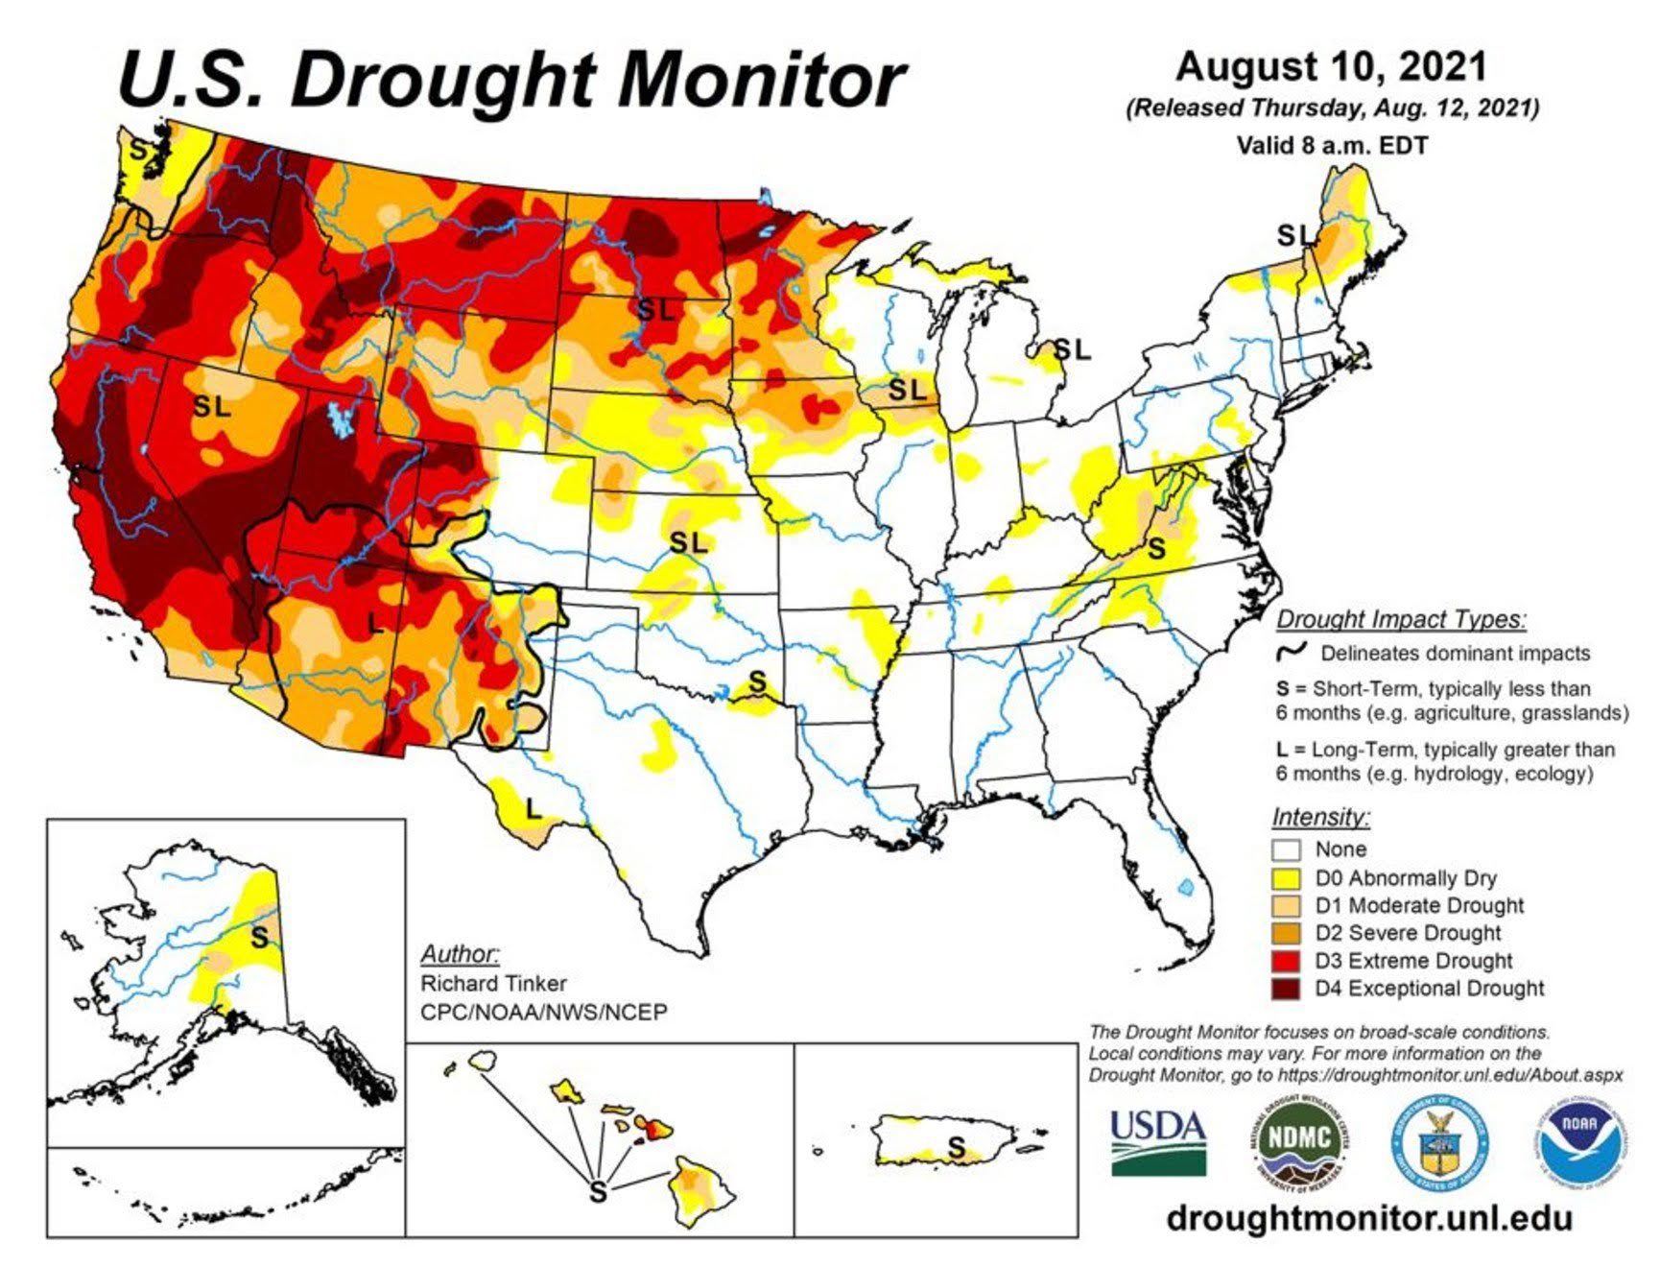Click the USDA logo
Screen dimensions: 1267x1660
[x=1157, y=1142]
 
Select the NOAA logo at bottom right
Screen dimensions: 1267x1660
[x=1577, y=1142]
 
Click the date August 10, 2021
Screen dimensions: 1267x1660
[x=1331, y=67]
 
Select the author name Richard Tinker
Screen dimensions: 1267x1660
[x=493, y=984]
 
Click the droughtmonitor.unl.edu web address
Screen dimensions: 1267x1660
[x=1369, y=1218]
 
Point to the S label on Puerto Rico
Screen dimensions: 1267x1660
[x=956, y=1146]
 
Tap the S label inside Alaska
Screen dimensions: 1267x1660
[x=259, y=937]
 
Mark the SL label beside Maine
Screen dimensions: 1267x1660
[x=1292, y=234]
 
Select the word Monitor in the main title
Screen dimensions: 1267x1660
[x=762, y=79]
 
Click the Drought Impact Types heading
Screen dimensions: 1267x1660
[x=1400, y=619]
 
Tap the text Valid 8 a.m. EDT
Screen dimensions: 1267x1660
[x=1332, y=146]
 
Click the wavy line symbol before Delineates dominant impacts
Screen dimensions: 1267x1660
[x=1292, y=652]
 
